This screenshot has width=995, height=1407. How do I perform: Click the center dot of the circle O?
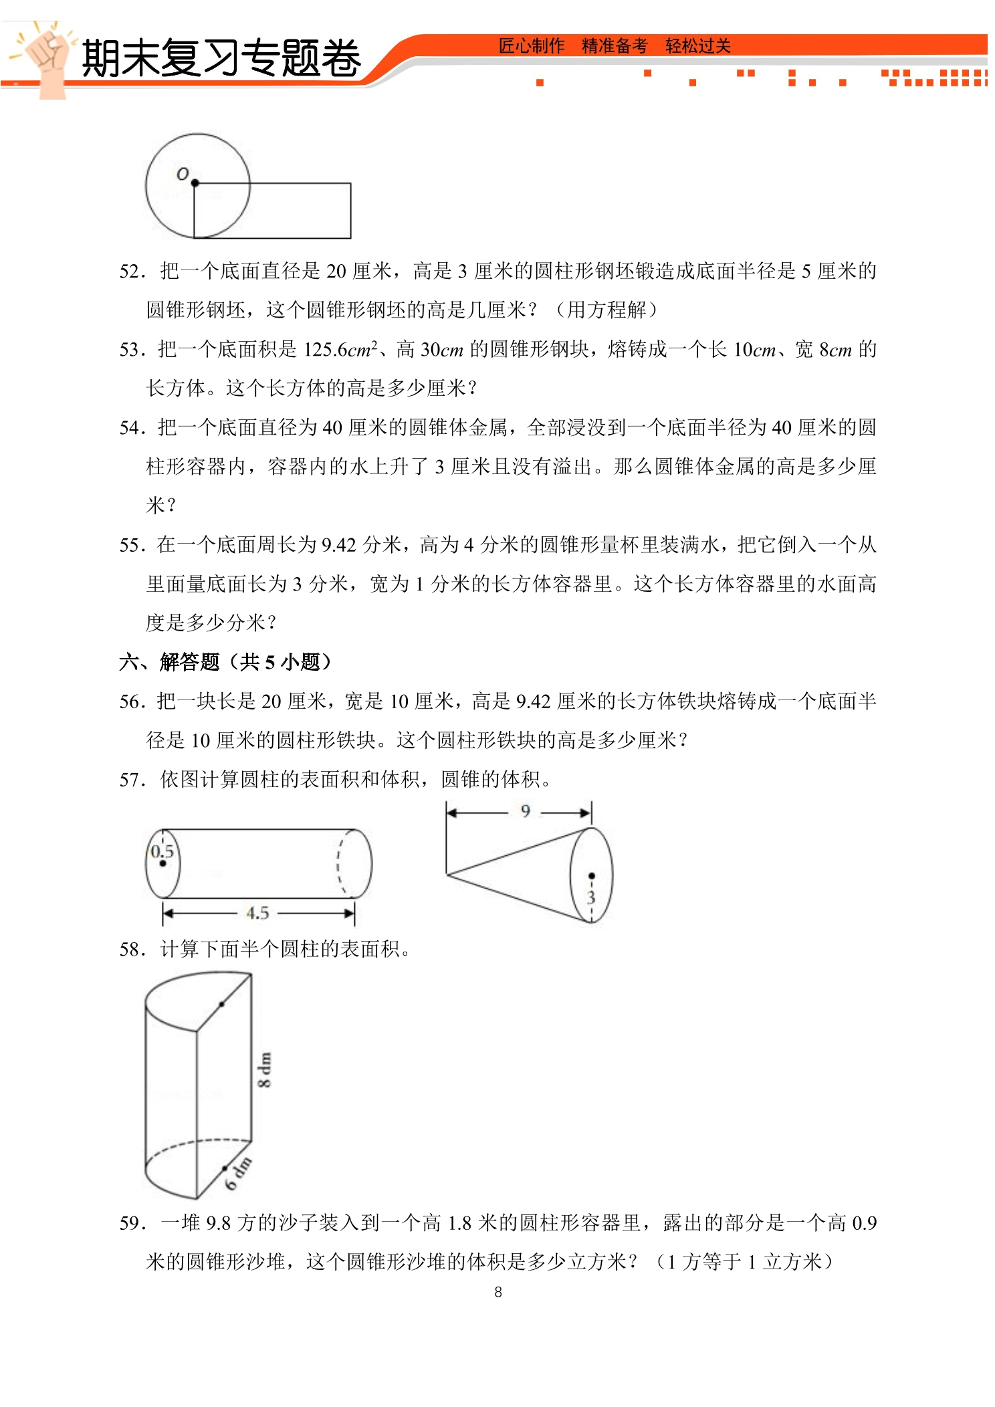point(195,183)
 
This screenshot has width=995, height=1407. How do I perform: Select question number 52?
point(132,272)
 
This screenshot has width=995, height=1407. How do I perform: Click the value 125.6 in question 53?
point(326,349)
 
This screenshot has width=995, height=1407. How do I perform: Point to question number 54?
point(132,428)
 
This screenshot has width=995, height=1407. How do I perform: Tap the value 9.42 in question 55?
point(339,545)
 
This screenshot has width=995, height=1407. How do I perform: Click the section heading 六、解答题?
point(169,662)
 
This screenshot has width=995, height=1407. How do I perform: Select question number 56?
point(132,701)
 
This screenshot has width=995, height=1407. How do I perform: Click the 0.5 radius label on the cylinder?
point(162,851)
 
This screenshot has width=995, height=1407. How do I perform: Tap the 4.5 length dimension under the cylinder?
point(257,913)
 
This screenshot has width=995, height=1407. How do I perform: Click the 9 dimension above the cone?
point(526,811)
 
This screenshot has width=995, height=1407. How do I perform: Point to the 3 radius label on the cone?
point(590,897)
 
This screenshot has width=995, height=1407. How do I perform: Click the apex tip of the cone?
point(447,874)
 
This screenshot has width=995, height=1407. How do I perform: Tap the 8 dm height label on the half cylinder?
point(265,1070)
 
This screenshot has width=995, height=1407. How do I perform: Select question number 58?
point(132,950)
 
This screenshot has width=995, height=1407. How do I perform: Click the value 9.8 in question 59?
point(219,1223)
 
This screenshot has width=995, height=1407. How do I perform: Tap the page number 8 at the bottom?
point(498,1292)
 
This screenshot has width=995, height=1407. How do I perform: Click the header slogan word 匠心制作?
point(532,46)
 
